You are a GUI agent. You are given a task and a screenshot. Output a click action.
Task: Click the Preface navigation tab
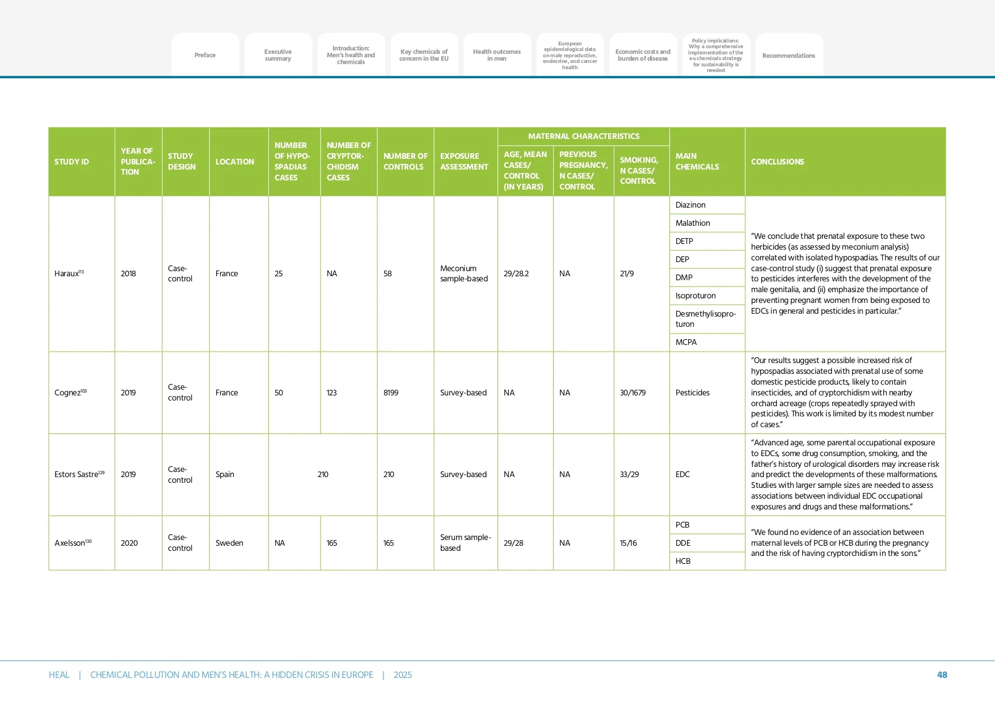tap(205, 55)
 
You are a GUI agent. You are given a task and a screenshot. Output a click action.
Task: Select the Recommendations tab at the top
tap(789, 56)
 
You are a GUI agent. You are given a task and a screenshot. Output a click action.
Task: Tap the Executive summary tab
tap(278, 55)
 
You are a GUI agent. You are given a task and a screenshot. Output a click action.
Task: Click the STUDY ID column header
tap(72, 162)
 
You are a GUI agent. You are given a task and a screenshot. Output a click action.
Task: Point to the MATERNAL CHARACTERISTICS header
tap(583, 136)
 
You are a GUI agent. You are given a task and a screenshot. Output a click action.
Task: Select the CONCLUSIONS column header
tap(777, 162)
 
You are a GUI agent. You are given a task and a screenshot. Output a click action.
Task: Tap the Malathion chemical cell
tap(693, 223)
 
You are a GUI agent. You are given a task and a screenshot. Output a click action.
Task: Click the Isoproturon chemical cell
tap(695, 296)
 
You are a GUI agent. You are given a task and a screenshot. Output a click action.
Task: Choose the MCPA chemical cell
tap(686, 342)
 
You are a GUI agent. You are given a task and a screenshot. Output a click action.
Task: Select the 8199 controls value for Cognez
tap(391, 393)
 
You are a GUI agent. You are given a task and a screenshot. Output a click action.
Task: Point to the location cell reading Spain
tap(225, 474)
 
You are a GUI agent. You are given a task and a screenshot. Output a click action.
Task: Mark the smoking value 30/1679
tap(633, 393)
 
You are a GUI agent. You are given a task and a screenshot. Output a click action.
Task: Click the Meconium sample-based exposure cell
tap(464, 273)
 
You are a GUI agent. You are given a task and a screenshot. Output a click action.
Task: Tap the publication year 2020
tap(129, 543)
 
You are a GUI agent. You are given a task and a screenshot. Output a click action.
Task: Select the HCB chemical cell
tap(683, 561)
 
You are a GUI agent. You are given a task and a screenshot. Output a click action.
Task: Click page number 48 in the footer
tap(942, 675)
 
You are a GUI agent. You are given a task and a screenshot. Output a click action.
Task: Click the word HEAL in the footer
tap(59, 675)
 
